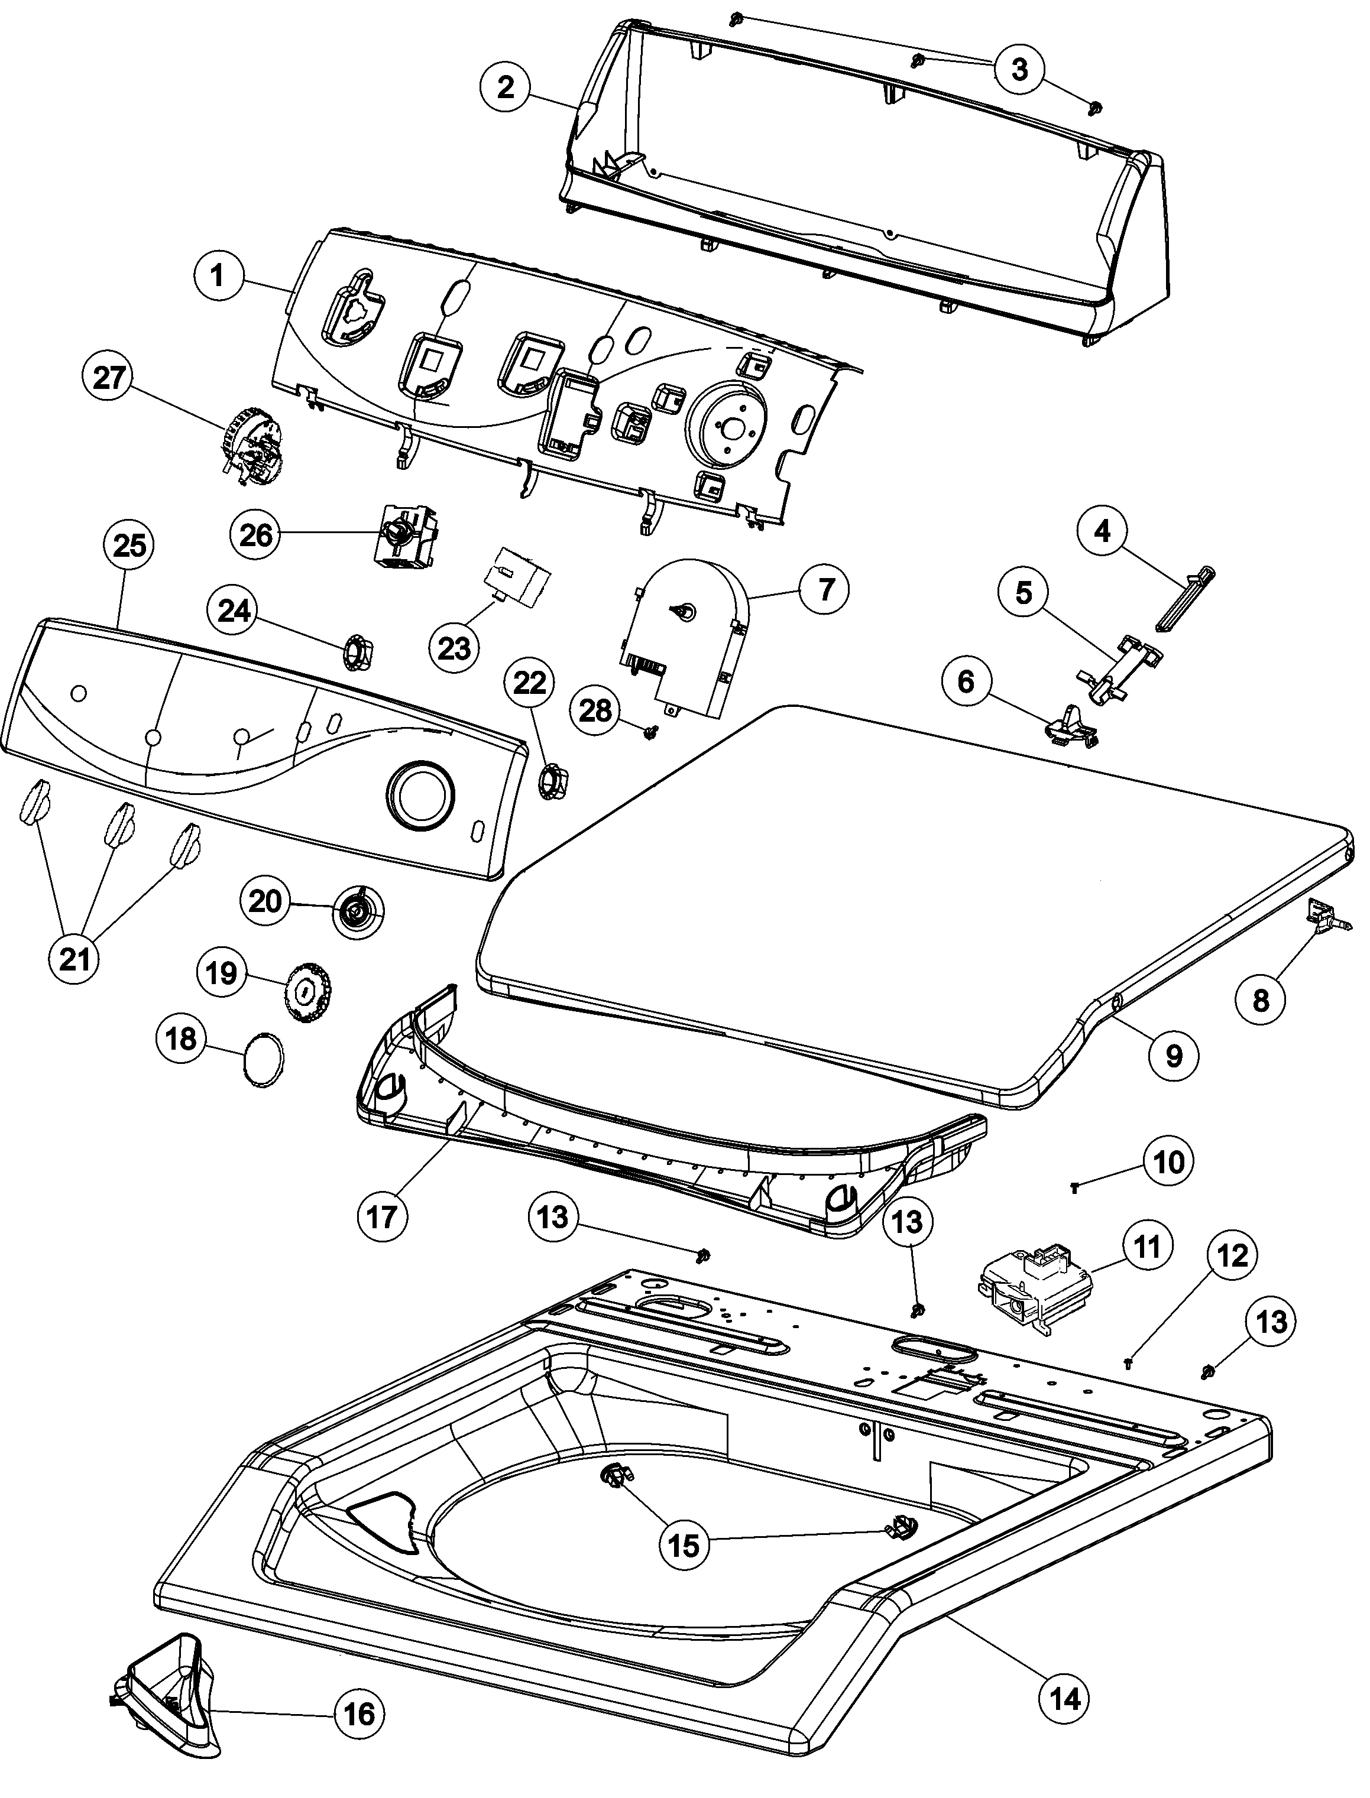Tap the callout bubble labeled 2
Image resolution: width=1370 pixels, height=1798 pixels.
[506, 86]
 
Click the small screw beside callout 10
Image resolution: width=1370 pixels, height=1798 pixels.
[1075, 1189]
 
